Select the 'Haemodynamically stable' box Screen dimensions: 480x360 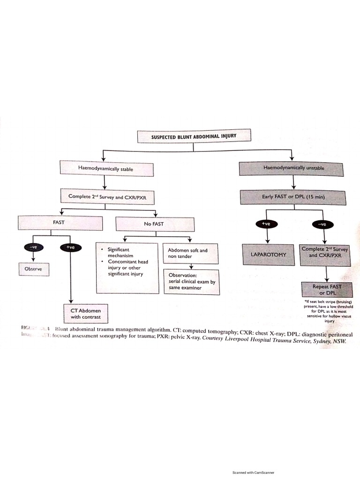[106, 169]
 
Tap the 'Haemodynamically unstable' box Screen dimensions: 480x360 [293, 168]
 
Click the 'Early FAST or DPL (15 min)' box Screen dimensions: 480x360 [293, 197]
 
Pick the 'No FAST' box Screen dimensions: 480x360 [154, 224]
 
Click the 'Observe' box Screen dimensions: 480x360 [34, 269]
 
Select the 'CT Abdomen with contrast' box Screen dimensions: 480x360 [82, 313]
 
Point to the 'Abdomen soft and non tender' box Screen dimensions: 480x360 [191, 254]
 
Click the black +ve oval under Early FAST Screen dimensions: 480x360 [266, 224]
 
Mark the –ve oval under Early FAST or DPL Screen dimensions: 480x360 [322, 224]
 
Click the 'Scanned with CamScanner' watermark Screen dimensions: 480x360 [253, 472]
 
